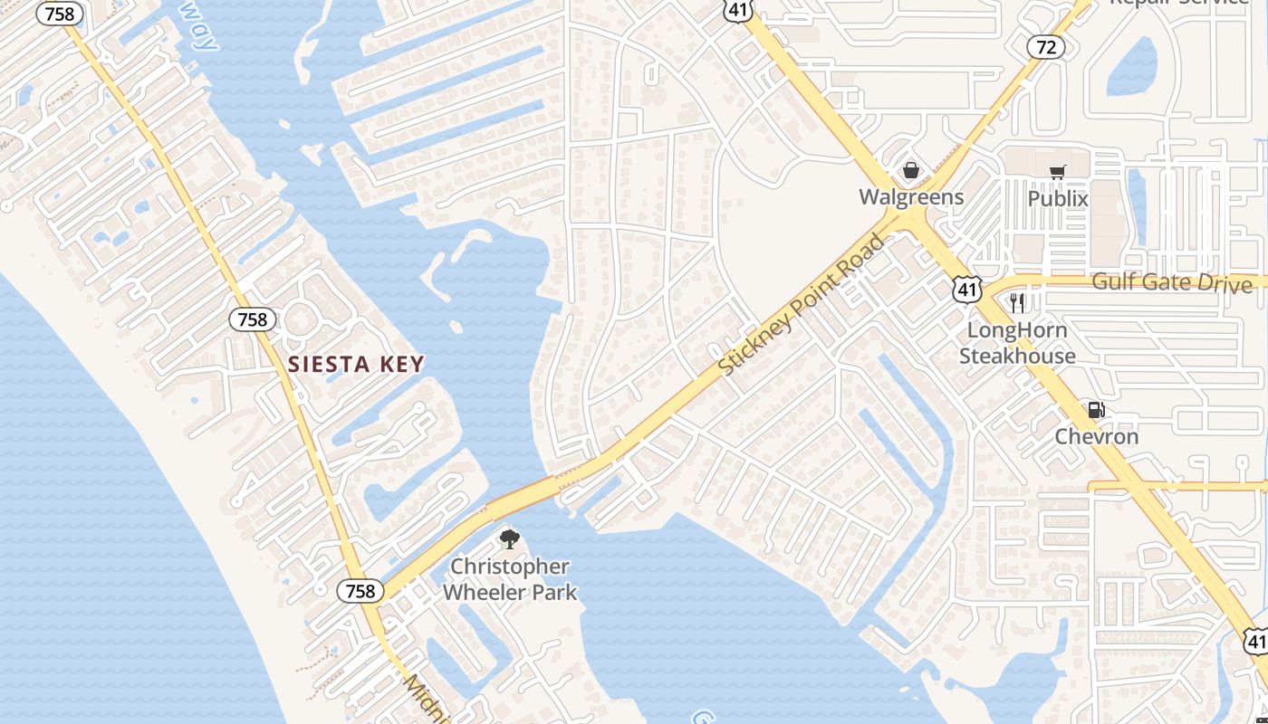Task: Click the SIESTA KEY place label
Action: (x=356, y=365)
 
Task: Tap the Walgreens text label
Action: (x=911, y=196)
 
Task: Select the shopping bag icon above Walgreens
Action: (x=911, y=170)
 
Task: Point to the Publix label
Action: (x=1057, y=197)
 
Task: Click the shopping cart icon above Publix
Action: (x=1057, y=172)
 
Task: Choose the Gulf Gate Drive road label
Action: (x=1171, y=282)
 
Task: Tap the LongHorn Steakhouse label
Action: (x=1017, y=343)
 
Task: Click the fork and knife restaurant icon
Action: (x=1017, y=302)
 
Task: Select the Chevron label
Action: (x=1096, y=436)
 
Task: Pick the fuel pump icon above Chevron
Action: (x=1096, y=410)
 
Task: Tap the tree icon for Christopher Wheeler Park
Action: (x=510, y=539)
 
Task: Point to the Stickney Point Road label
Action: (x=801, y=305)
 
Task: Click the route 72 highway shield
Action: (x=1046, y=47)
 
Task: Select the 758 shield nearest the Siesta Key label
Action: (x=253, y=319)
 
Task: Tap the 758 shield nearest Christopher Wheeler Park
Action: (x=360, y=591)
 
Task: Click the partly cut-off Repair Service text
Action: (x=1179, y=3)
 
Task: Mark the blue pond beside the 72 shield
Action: (x=1132, y=67)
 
